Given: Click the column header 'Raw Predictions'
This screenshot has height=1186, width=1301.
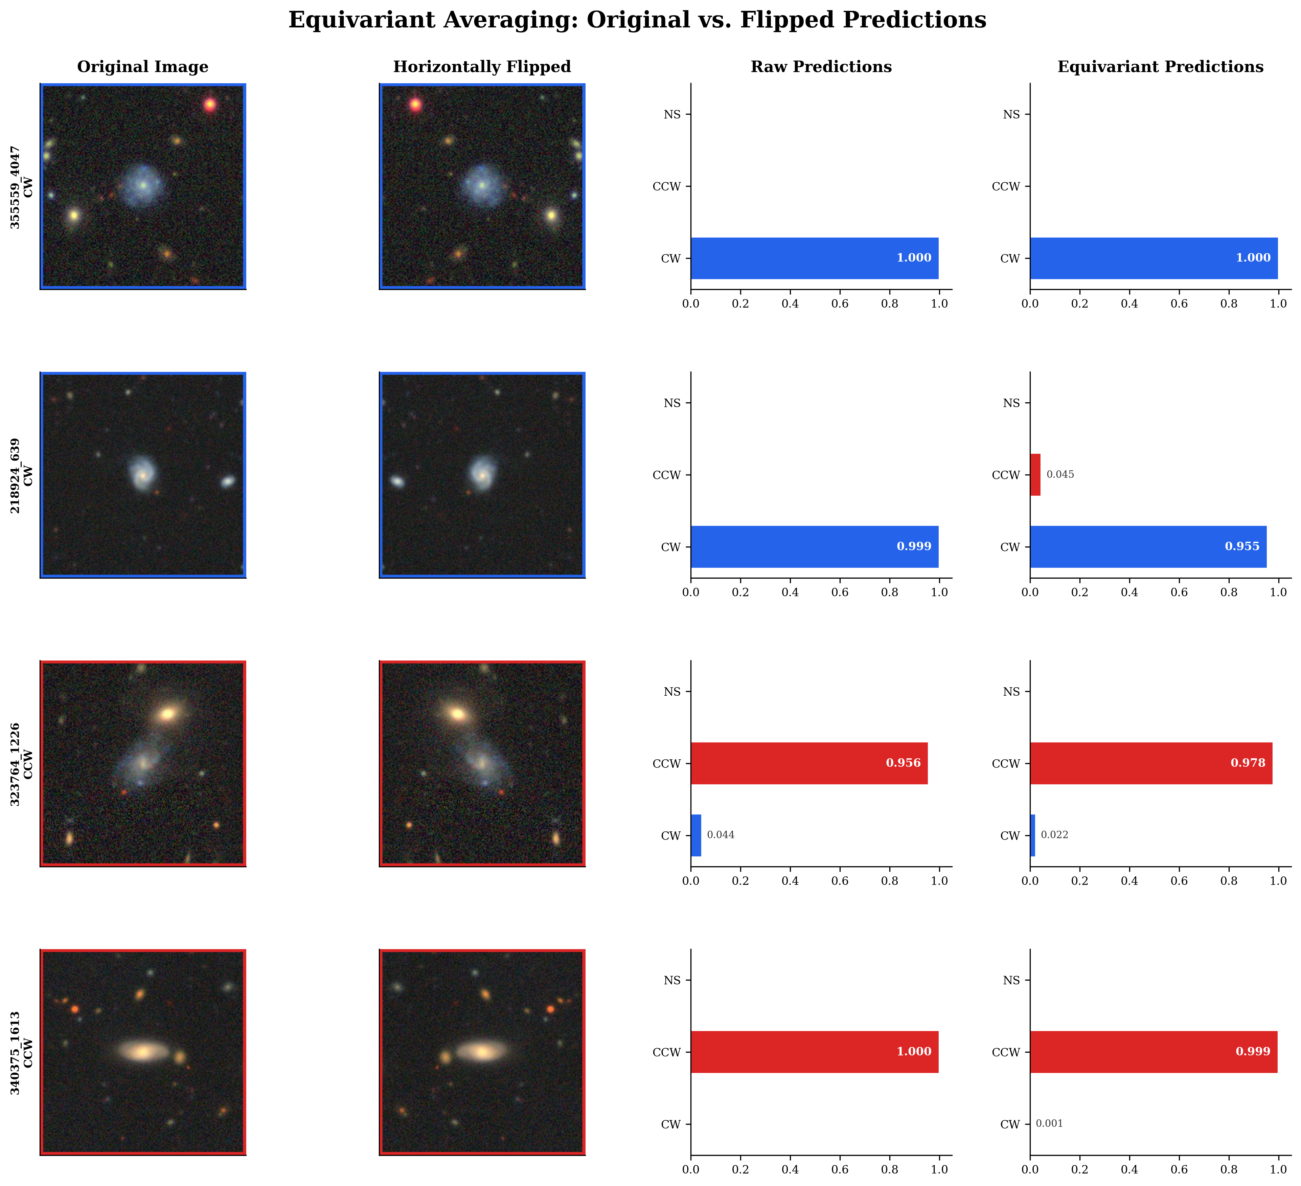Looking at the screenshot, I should click(x=821, y=67).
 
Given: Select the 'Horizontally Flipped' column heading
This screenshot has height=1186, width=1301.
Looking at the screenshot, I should click(x=482, y=67).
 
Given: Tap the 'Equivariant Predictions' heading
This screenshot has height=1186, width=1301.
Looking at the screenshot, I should click(x=1160, y=67).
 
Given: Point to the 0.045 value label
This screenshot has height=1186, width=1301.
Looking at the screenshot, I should click(x=1060, y=474).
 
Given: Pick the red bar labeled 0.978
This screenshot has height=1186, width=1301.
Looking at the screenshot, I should click(x=1150, y=763).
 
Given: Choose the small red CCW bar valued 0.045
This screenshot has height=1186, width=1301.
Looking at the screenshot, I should click(x=1035, y=474).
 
